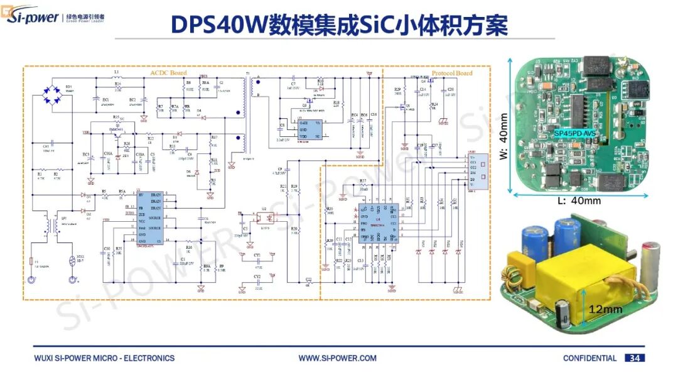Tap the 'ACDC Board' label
169,73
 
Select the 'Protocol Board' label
452,73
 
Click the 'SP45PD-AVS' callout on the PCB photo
575,134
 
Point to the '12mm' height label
606,309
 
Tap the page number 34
635,358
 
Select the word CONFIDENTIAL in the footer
589,358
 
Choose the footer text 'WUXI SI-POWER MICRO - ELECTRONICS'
104,358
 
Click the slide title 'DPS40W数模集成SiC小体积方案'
339,25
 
